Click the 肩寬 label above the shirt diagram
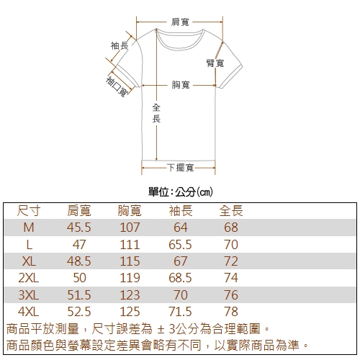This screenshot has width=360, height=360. tap(180, 22)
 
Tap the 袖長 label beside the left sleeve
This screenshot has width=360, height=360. tap(120, 45)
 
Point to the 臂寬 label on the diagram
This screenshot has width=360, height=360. tap(215, 63)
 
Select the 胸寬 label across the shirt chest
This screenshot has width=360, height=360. tap(181, 85)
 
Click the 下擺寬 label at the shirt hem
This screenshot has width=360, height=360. tap(181, 168)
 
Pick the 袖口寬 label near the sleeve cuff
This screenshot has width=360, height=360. tap(117, 86)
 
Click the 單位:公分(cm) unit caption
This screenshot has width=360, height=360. tap(181, 192)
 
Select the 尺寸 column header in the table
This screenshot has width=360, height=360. tap(29, 211)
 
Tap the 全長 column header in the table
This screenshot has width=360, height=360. tap(231, 211)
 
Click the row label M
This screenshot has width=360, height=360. tap(29, 228)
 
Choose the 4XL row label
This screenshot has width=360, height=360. tap(28, 312)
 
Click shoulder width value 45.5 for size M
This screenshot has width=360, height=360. tap(79, 228)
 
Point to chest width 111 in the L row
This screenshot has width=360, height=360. tap(130, 245)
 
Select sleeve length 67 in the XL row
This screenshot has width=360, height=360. tap(181, 261)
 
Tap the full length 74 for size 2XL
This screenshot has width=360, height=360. tap(231, 278)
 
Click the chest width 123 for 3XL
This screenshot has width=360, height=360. tap(130, 294)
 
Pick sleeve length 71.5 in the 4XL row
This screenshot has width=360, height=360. tap(180, 312)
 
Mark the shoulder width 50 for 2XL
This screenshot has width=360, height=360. tap(79, 278)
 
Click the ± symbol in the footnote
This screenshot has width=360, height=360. tap(161, 329)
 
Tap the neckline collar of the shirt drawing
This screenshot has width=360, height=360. tap(180, 46)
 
